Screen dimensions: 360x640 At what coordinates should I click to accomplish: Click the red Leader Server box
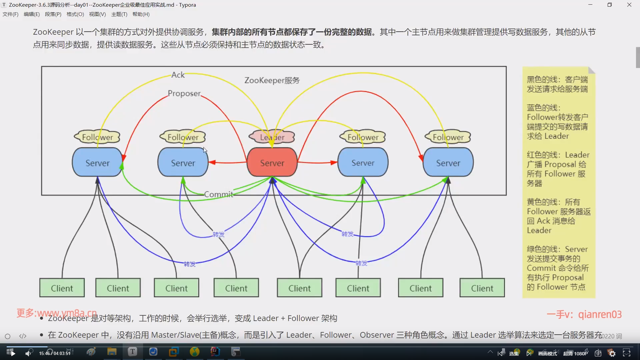coord(272,163)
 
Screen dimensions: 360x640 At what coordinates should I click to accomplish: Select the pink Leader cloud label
coord(272,137)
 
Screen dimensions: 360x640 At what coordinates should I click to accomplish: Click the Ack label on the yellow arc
coord(178,75)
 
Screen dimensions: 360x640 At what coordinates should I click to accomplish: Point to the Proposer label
coord(184,93)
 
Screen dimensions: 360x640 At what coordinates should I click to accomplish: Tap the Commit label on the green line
coord(218,194)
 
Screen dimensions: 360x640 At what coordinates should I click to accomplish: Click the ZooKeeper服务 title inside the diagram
coord(272,80)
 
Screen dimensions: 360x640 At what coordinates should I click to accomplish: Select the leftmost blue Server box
coord(97,163)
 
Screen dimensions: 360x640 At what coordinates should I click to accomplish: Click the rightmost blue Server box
coord(448,163)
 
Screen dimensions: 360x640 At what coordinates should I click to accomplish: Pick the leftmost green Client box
coord(62,288)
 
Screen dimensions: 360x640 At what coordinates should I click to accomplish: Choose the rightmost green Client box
coord(482,288)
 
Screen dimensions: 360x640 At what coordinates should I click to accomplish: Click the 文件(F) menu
coord(10,14)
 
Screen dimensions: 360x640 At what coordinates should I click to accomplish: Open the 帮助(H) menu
coord(141,14)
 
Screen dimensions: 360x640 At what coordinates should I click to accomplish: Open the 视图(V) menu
coord(97,14)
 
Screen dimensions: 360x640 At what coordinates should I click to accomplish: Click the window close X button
coord(629,5)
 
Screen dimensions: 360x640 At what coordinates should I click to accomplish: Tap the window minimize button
coord(590,5)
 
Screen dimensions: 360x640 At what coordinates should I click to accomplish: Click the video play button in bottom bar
coord(13,353)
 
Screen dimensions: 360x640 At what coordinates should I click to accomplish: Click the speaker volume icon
coord(29,353)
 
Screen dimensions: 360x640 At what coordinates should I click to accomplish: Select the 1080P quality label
coord(581,353)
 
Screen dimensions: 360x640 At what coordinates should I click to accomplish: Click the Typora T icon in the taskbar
coord(132,352)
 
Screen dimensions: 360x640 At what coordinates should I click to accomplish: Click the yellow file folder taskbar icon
coord(112,352)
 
